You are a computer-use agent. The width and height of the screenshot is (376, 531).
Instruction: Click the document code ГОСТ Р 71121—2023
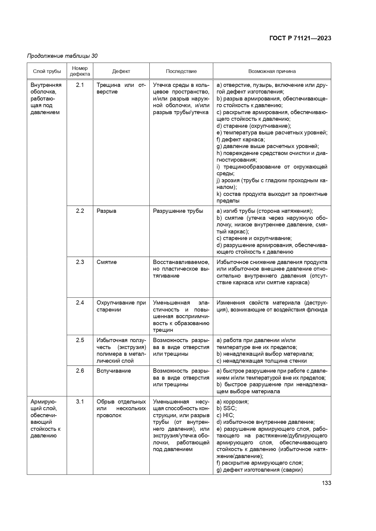tap(300, 38)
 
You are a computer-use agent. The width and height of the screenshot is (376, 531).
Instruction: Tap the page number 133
tap(326, 483)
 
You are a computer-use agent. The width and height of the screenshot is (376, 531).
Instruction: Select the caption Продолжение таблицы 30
tap(62, 56)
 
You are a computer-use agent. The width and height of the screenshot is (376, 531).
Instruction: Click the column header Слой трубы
tap(47, 71)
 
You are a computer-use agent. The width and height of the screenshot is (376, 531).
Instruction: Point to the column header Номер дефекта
tap(80, 71)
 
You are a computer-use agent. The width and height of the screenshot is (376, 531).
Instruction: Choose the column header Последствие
tap(181, 71)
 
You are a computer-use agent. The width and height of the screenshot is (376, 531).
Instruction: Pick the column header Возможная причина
tap(272, 71)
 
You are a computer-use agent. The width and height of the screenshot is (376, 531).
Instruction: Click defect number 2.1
tap(80, 85)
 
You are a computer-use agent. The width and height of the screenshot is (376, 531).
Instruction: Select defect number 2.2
tap(80, 211)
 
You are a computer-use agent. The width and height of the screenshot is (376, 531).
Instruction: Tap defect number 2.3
tap(80, 262)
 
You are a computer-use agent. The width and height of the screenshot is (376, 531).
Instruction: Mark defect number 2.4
tap(80, 303)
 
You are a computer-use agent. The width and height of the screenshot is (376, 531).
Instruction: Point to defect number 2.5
tap(80, 340)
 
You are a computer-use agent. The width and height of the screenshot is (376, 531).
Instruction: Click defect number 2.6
tap(80, 371)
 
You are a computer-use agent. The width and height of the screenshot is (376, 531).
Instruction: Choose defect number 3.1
tap(80, 402)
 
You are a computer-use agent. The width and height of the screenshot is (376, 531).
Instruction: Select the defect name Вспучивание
tap(114, 371)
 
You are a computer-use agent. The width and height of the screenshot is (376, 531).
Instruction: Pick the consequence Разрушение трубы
tap(178, 211)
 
